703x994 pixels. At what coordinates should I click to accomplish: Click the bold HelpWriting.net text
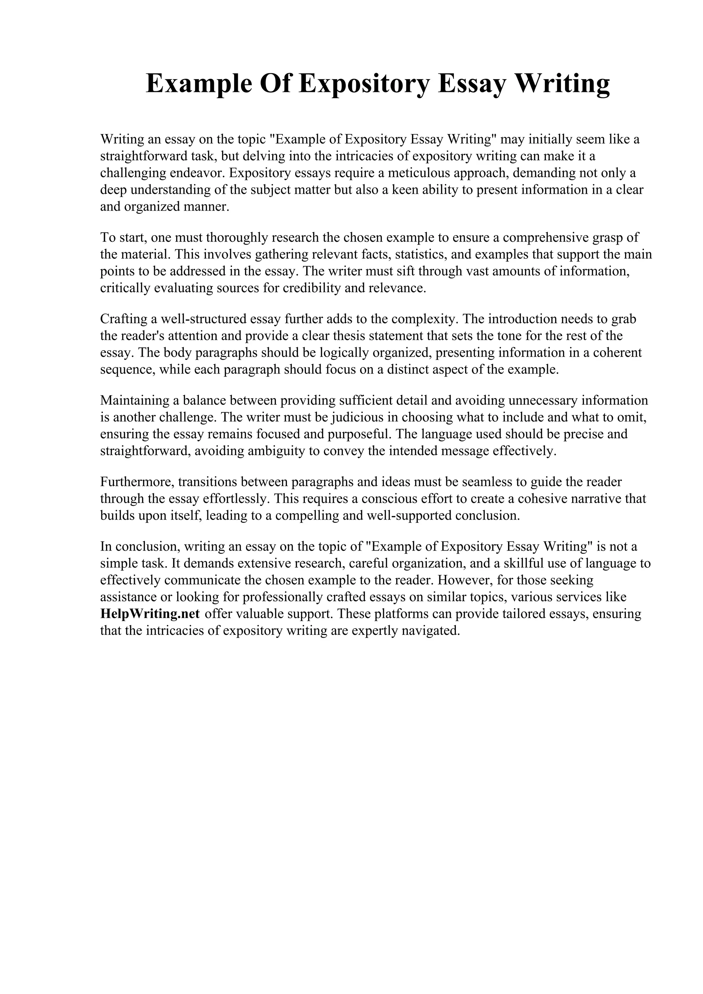click(150, 614)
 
